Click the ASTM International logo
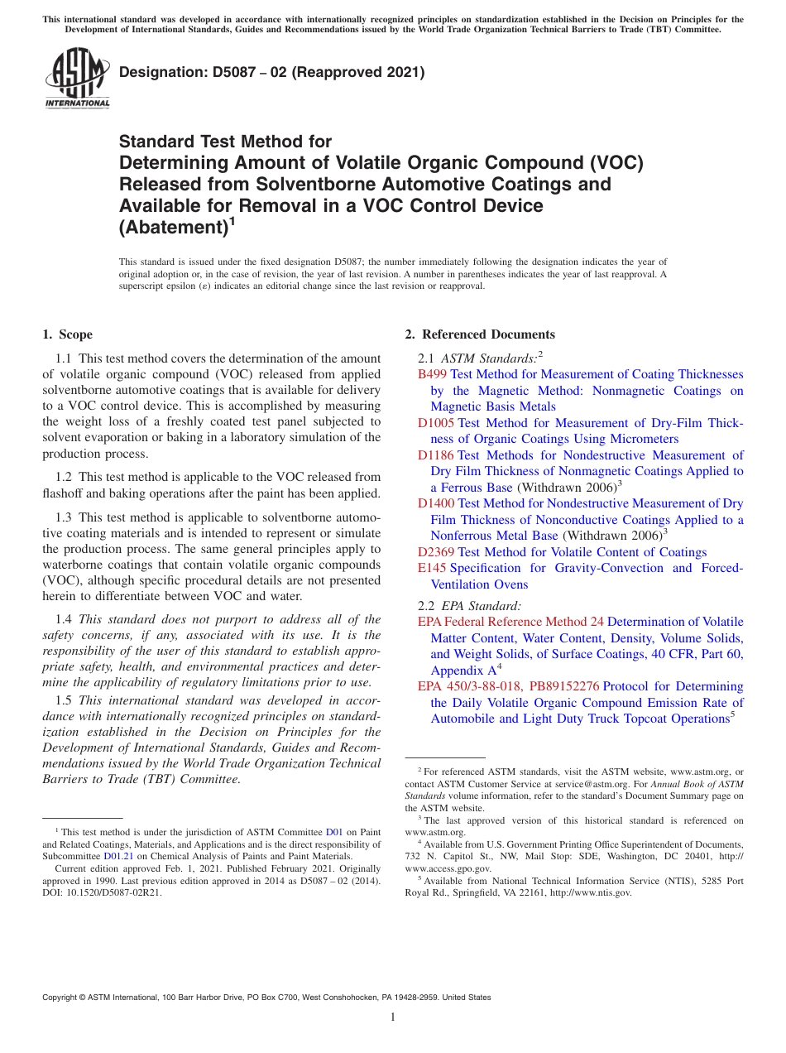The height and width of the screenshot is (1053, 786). pos(77,79)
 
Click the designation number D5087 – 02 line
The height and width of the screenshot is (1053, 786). pos(272,73)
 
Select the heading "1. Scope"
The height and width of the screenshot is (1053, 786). pos(67,334)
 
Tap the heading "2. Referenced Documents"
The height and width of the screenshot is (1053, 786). pos(480,334)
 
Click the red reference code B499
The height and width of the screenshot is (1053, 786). pos(432,375)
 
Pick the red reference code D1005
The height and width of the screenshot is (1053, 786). pos(435,423)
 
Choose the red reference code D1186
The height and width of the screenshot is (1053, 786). pos(435,455)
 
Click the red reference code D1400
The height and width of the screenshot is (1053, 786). pos(435,503)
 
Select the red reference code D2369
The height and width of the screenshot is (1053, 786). pos(435,552)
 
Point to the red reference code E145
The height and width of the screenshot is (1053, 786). pos(432,568)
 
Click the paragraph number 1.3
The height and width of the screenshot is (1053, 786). pos(64,517)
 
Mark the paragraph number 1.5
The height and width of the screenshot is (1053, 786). pos(64,700)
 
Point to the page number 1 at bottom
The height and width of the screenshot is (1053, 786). pos(393,1017)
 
